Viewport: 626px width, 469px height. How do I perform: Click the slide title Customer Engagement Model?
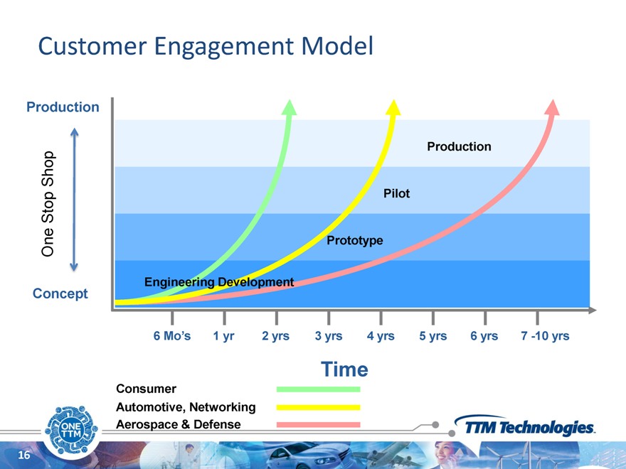[x=206, y=47]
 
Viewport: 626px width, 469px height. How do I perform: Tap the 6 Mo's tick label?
[x=172, y=336]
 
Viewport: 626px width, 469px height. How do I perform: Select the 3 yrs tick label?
[x=329, y=336]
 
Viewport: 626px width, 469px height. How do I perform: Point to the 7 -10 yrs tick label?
[x=545, y=336]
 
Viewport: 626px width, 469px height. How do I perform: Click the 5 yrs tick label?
[x=433, y=336]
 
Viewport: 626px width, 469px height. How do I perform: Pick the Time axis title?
[x=344, y=370]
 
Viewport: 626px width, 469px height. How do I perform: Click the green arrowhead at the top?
[x=289, y=108]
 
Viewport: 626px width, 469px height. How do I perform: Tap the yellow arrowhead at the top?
[x=393, y=108]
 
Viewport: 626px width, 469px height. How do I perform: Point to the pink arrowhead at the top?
[x=553, y=108]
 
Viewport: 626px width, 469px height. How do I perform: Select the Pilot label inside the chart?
[x=396, y=193]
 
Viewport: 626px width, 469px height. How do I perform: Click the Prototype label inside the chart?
[x=355, y=240]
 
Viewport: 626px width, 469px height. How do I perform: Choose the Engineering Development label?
[x=219, y=282]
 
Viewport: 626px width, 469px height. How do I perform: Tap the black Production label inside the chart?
[x=459, y=146]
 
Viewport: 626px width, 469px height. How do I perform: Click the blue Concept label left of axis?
[x=60, y=293]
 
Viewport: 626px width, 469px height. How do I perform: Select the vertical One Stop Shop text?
[x=48, y=204]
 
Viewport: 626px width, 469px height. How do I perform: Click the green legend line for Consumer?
[x=318, y=389]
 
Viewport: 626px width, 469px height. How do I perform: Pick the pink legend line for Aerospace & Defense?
[x=318, y=425]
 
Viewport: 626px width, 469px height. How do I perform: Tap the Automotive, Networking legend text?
[x=186, y=407]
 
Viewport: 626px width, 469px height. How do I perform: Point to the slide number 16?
[x=24, y=455]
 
